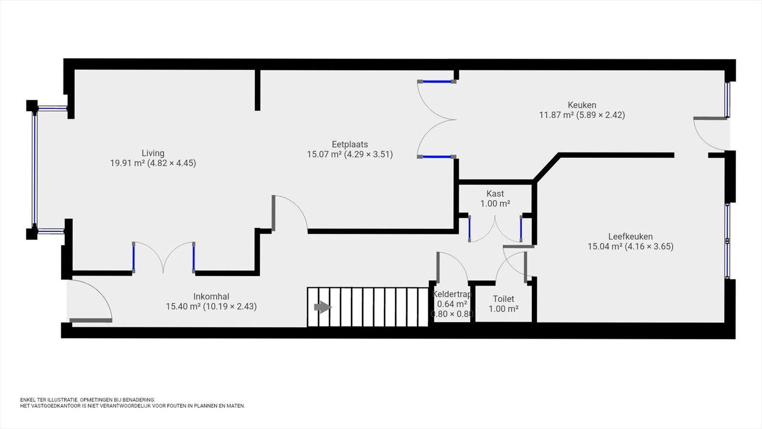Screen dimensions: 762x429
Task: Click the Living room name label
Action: pyautogui.click(x=153, y=153)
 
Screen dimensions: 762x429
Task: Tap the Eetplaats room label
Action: pyautogui.click(x=350, y=144)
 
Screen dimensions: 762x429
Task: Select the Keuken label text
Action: pyautogui.click(x=582, y=105)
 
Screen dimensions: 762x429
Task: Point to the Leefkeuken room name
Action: pyautogui.click(x=631, y=236)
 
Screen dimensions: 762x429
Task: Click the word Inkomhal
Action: pyautogui.click(x=211, y=296)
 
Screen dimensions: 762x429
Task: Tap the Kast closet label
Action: pyautogui.click(x=495, y=194)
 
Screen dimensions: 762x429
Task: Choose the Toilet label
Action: pyautogui.click(x=503, y=299)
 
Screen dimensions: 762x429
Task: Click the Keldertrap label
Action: pyautogui.click(x=452, y=295)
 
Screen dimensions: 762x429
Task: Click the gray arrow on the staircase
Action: pyautogui.click(x=322, y=307)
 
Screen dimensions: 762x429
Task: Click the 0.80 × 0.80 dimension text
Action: pyautogui.click(x=452, y=314)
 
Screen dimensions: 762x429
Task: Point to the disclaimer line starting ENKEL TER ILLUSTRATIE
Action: pyautogui.click(x=88, y=400)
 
